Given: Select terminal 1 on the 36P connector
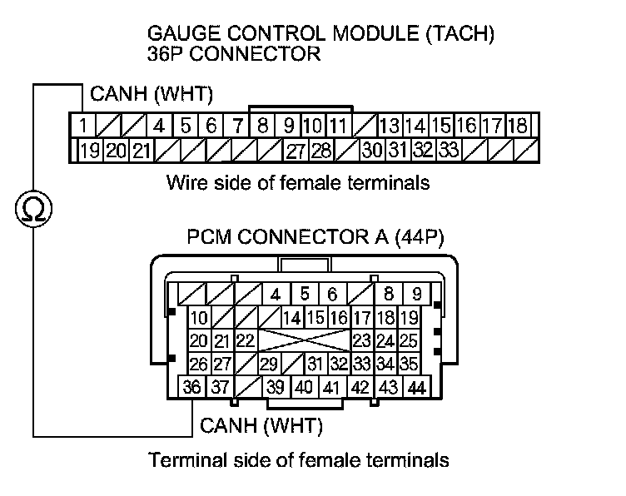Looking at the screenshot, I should click(84, 126).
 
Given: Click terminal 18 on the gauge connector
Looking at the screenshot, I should click(517, 126).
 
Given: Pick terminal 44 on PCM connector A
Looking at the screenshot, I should click(416, 388).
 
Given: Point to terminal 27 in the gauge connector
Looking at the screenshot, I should click(296, 151).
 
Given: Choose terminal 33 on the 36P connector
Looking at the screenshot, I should click(450, 151).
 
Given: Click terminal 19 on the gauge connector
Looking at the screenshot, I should click(90, 151).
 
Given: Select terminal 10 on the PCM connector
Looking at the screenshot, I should click(199, 319).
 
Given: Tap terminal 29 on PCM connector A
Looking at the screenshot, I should click(268, 364).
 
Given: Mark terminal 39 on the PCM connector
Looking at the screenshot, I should click(275, 388).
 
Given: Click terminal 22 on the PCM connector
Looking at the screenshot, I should click(244, 341).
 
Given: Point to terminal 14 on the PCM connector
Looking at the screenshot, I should click(291, 318).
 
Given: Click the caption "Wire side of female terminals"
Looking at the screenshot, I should click(298, 182).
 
